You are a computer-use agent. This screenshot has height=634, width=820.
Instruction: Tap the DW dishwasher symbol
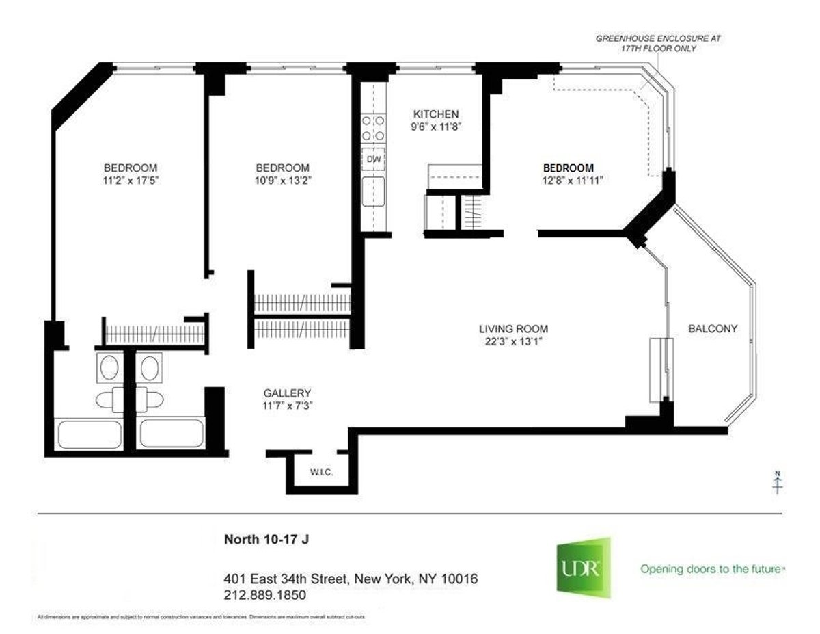373,159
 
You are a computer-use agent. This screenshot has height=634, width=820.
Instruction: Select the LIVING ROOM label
513,328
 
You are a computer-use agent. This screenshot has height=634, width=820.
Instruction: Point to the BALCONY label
713,328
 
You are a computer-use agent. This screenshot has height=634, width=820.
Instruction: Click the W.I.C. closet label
320,472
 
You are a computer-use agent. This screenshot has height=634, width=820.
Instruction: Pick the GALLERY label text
288,393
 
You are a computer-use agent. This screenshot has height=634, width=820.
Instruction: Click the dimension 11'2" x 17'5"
131,181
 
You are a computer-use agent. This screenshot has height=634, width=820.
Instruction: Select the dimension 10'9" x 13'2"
282,181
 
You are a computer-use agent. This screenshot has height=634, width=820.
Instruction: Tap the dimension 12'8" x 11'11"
568,181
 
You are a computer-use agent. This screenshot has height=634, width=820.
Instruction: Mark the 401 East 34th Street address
351,579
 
